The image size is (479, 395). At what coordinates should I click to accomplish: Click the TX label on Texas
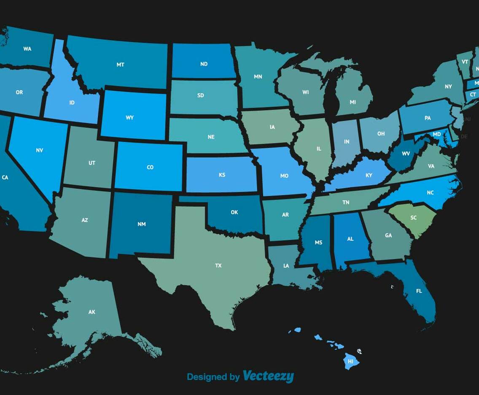pos(218,265)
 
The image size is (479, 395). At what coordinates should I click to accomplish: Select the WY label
pos(129,117)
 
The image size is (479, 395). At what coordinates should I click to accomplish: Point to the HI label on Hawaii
pos(350,362)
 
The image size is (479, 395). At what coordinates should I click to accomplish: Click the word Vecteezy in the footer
pos(268,376)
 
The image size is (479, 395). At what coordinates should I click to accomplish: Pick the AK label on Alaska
pos(92,312)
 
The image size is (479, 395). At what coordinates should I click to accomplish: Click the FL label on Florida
pos(419,291)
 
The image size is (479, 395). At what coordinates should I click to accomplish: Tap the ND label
pos(204,64)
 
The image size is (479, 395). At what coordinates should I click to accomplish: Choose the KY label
pos(369,175)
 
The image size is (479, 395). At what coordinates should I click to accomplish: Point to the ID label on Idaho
pos(72,103)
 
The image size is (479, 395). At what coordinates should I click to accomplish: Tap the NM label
pos(142,224)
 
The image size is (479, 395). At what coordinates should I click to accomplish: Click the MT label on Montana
pos(120,65)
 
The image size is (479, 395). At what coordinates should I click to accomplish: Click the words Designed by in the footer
pos(213,377)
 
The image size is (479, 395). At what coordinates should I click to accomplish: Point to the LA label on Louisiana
pos(286,265)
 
